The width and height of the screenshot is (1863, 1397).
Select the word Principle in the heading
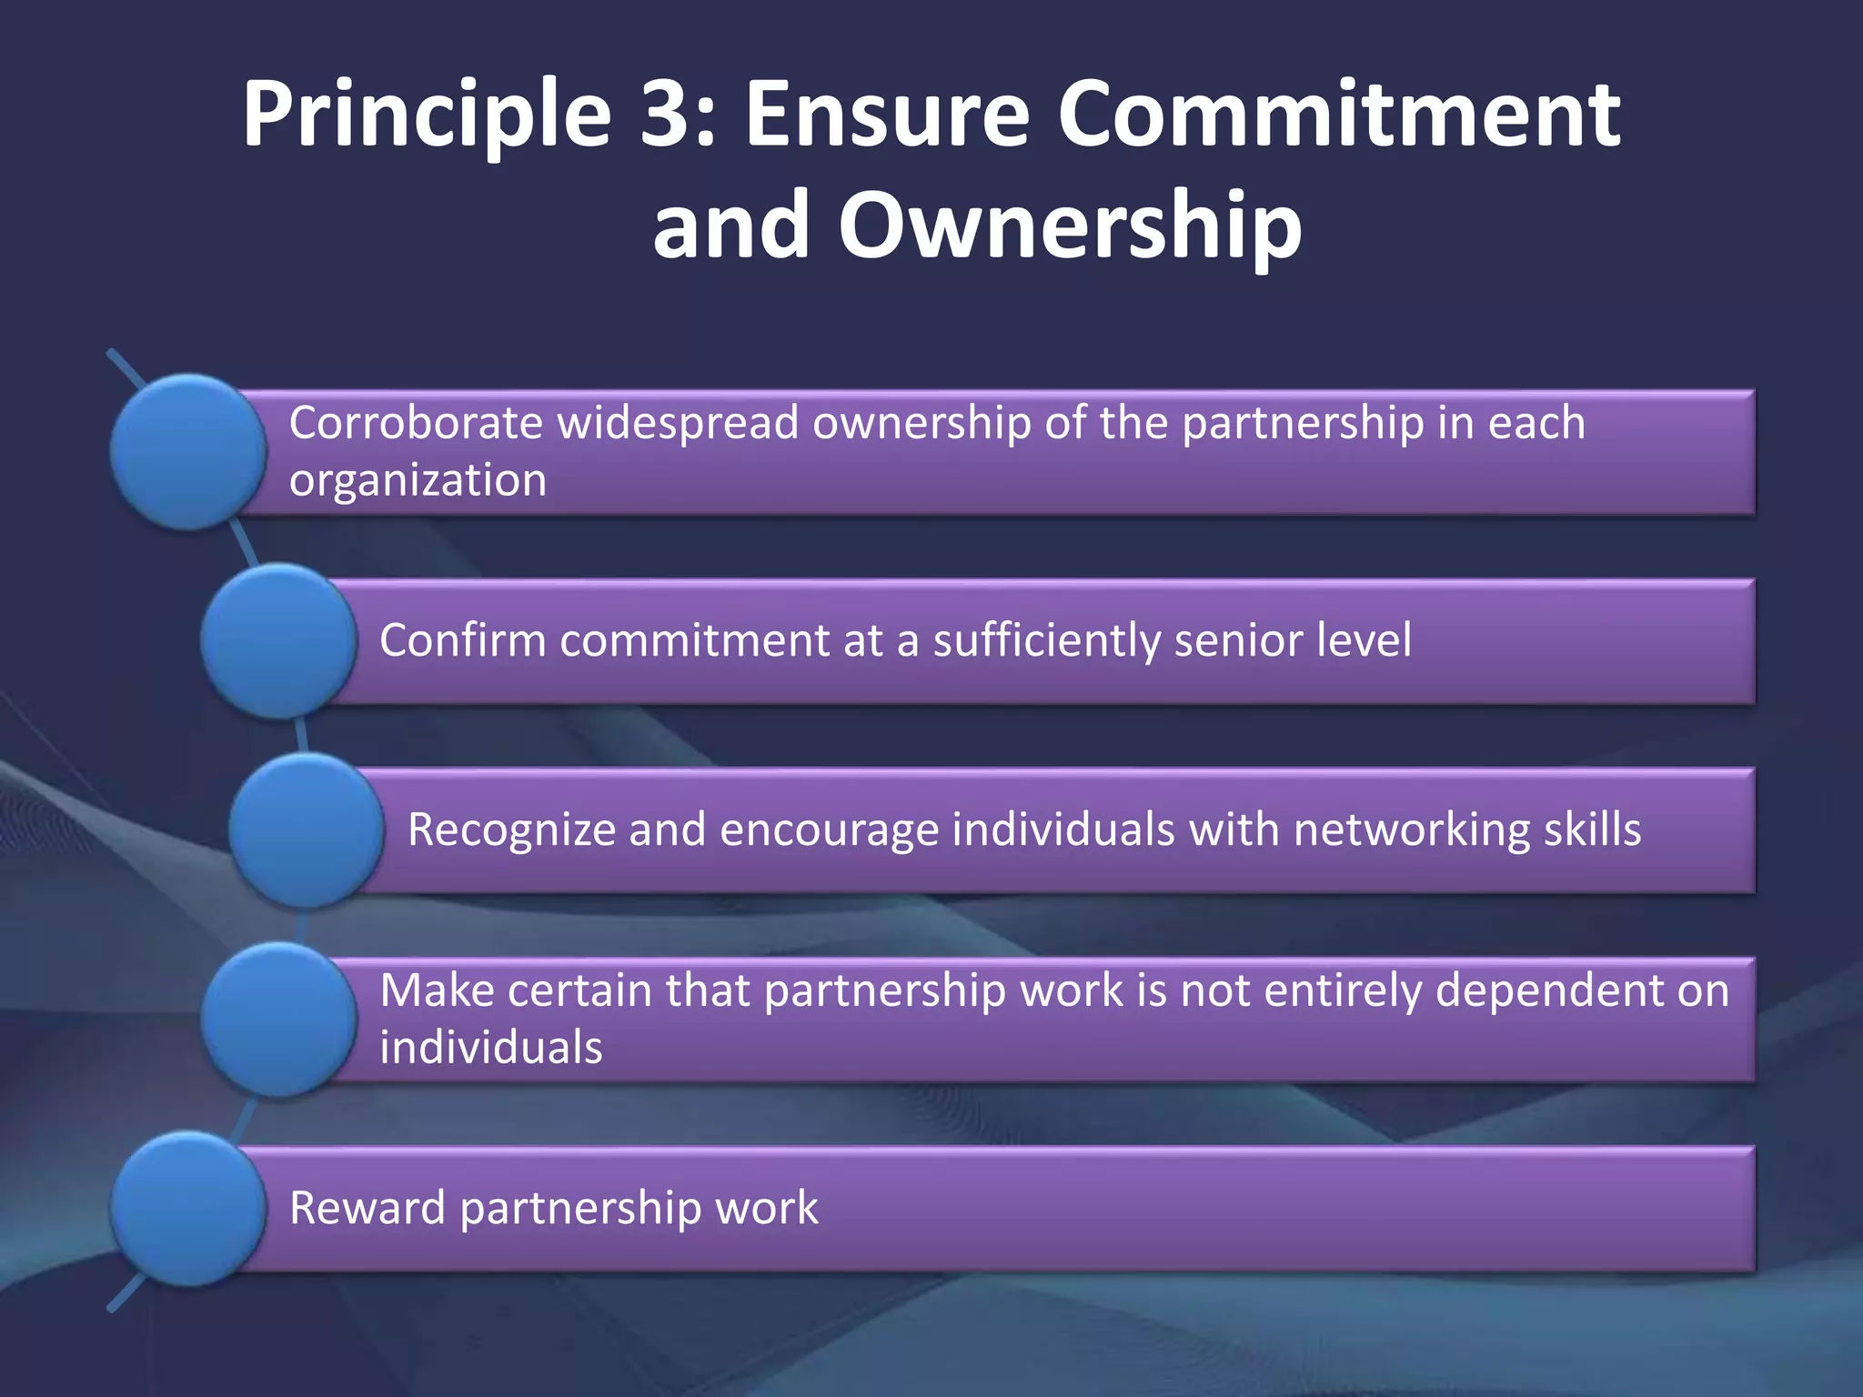click(x=426, y=116)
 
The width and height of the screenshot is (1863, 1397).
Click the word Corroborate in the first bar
click(x=416, y=423)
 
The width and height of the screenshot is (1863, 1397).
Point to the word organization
click(x=418, y=481)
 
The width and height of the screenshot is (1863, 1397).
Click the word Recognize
click(x=511, y=829)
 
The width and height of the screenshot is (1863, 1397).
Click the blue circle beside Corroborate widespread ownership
click(x=188, y=452)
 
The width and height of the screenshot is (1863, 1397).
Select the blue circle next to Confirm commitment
click(x=278, y=640)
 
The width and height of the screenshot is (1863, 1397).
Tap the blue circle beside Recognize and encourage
click(x=306, y=829)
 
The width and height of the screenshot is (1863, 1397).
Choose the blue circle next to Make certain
click(x=278, y=1019)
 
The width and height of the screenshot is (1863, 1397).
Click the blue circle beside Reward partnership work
click(x=188, y=1208)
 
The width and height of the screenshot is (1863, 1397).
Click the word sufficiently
click(x=1046, y=641)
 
